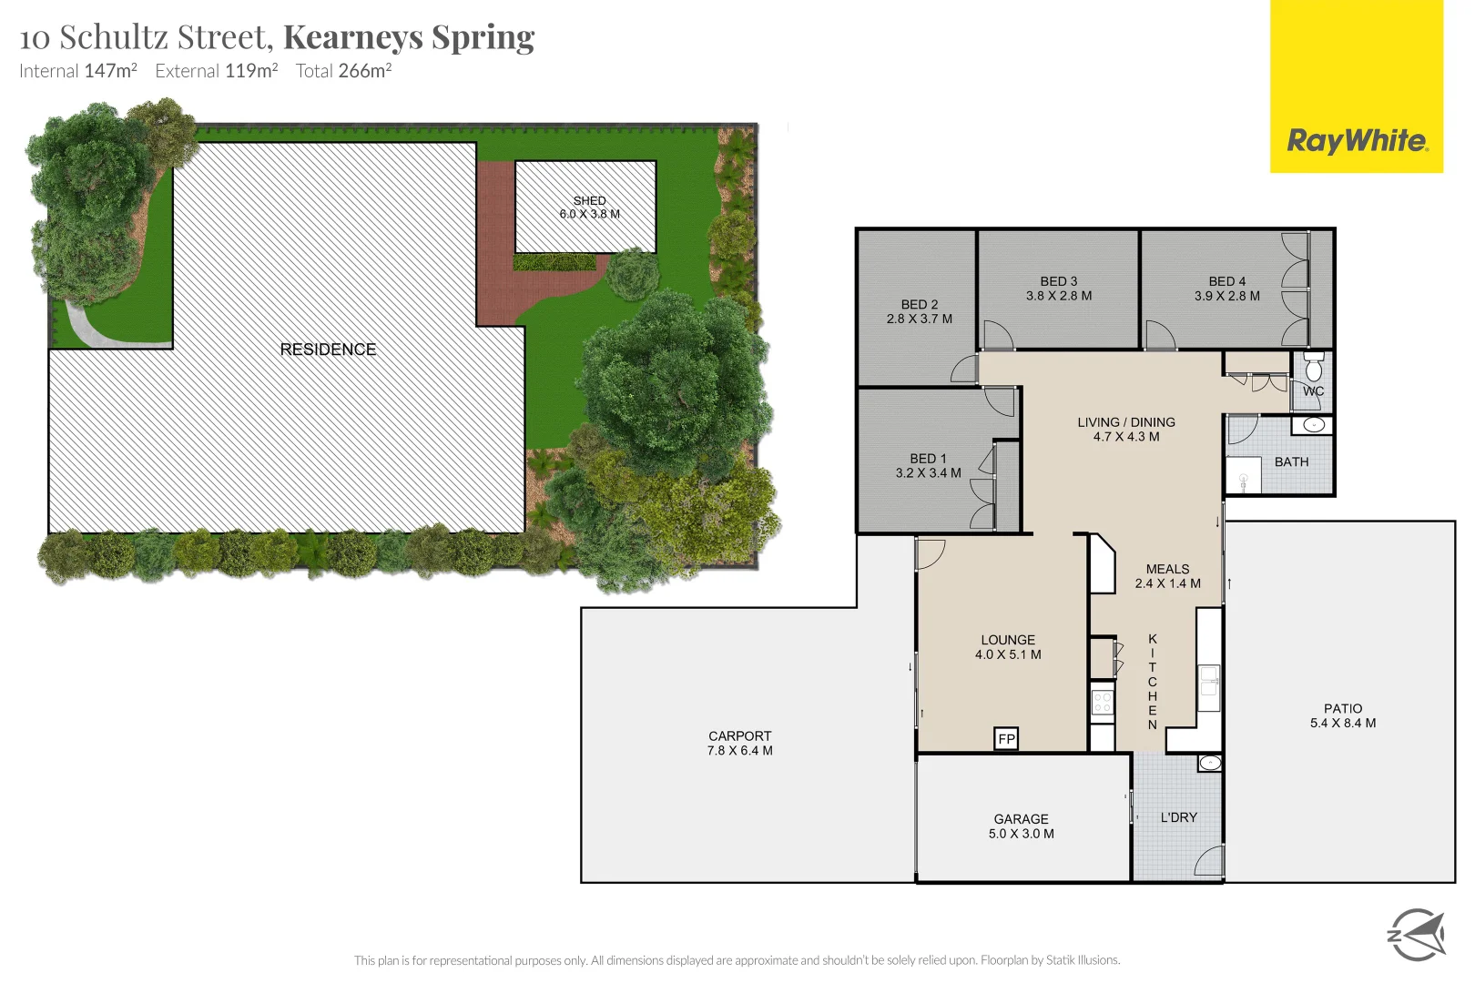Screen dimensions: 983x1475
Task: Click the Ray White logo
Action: point(1356,140)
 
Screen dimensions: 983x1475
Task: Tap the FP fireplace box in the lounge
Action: point(1006,739)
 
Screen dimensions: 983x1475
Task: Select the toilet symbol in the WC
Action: point(1313,368)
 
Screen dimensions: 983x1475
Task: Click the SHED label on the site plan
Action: point(589,201)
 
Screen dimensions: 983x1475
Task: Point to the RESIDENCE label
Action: point(328,350)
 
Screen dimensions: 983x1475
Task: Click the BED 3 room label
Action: point(1058,281)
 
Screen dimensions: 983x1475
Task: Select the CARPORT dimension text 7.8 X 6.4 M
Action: point(739,751)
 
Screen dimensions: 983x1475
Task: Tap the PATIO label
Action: point(1342,708)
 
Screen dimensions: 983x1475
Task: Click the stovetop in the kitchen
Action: point(1103,702)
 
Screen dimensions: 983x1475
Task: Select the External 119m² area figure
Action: point(217,71)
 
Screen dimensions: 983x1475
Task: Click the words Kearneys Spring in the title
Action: point(409,37)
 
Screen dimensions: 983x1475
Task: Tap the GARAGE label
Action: point(1021,819)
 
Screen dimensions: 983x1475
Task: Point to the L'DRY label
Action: point(1178,817)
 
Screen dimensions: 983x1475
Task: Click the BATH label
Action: point(1291,462)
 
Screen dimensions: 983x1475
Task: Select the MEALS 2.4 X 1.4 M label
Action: point(1167,576)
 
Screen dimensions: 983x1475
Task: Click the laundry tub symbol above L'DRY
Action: point(1209,763)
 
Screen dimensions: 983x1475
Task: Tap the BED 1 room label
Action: point(928,459)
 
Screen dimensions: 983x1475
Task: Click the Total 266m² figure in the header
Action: point(343,71)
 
